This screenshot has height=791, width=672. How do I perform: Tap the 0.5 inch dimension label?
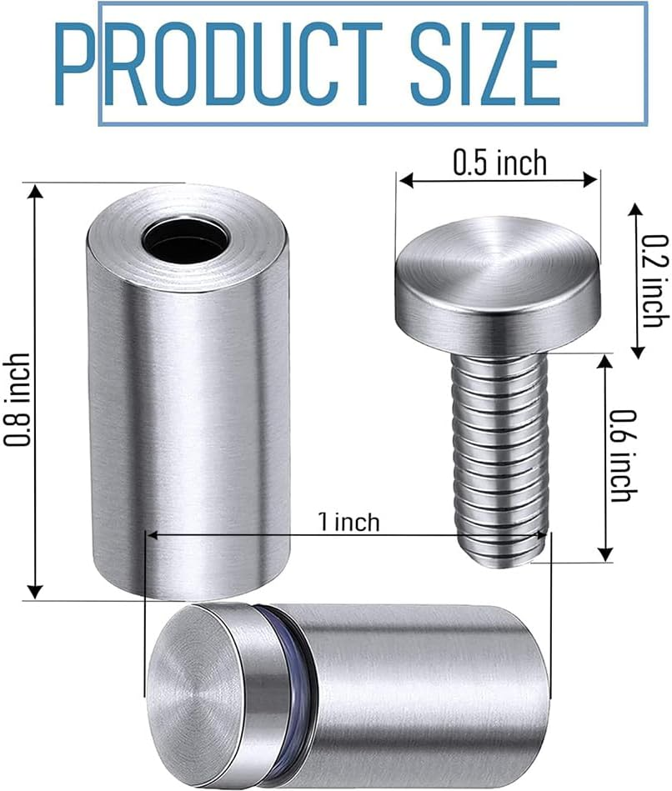pyautogui.click(x=499, y=162)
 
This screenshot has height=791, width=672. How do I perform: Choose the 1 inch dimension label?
pyautogui.click(x=349, y=523)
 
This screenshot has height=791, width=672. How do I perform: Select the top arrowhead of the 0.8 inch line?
pyautogui.click(x=34, y=191)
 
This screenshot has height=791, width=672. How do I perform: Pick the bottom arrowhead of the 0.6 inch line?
pyautogui.click(x=606, y=553)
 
